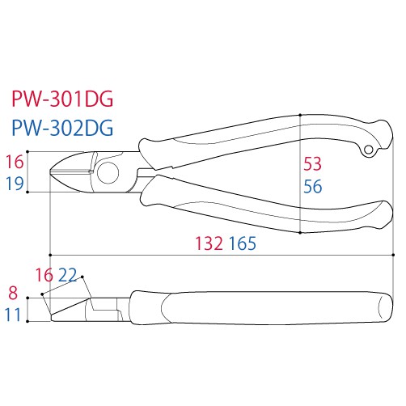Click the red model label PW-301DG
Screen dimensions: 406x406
[62, 99]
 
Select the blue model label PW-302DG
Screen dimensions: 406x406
[62, 128]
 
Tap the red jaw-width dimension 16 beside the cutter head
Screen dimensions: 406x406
[15, 162]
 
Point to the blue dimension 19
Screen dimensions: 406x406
[15, 184]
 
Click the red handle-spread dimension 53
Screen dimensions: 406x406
[312, 163]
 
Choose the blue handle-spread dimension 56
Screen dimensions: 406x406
[312, 186]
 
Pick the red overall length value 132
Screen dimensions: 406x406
[209, 243]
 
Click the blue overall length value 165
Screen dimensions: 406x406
[243, 243]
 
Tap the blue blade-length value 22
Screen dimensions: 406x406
[68, 275]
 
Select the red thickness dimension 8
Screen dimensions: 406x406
[13, 293]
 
